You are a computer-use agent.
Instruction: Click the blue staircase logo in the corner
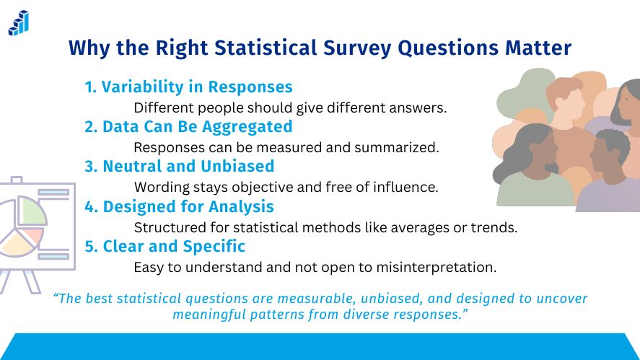(x=18, y=23)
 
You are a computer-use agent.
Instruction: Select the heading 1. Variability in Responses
(x=188, y=87)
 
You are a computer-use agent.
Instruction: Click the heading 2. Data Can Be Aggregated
(x=188, y=127)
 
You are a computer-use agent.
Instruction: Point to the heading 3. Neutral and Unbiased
(x=179, y=167)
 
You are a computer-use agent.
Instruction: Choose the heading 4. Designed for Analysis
(x=179, y=207)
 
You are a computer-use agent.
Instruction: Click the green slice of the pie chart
(x=32, y=211)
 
